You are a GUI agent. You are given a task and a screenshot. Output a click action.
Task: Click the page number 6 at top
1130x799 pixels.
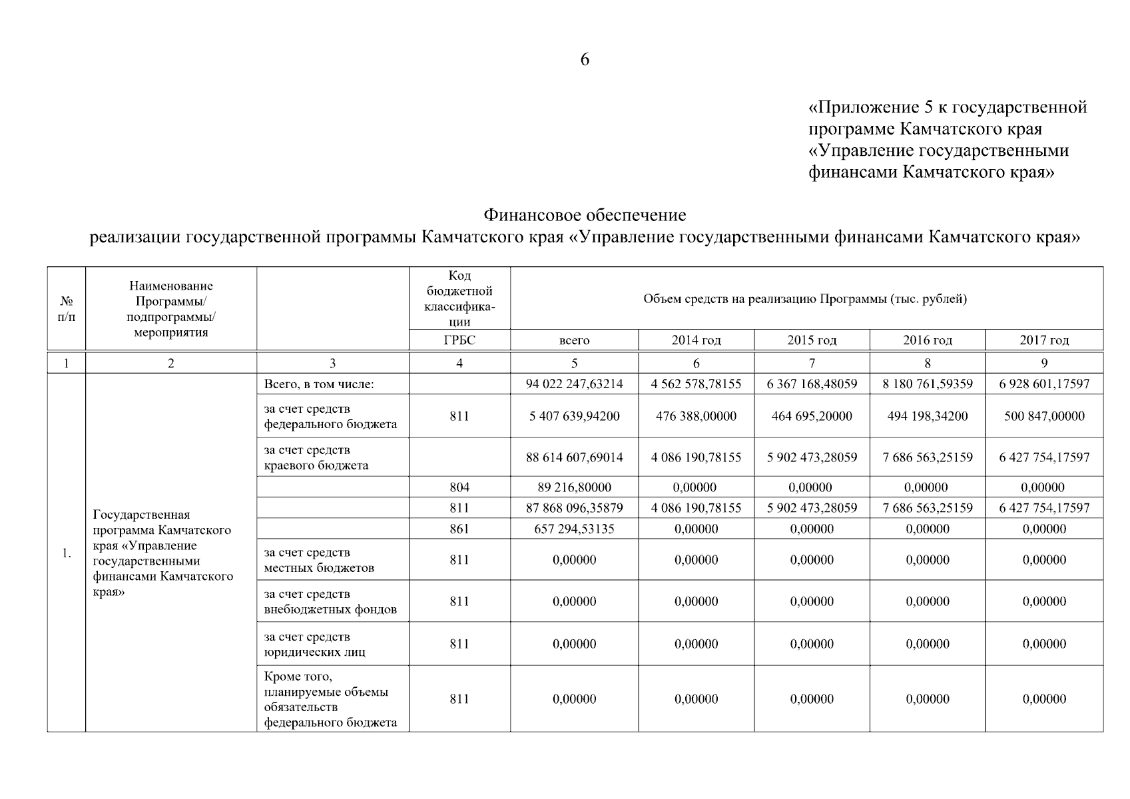584,60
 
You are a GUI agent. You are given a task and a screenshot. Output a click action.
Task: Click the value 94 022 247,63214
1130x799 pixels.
574,384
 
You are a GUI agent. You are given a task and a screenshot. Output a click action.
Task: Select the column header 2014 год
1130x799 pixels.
696,340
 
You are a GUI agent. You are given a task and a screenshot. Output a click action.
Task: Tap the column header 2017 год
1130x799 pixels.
1043,340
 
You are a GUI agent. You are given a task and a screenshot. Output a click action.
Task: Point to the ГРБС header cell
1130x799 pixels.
459,340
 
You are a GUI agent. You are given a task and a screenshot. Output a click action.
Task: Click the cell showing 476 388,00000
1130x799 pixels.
696,416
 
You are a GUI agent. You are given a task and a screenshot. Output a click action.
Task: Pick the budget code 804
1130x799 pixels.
459,487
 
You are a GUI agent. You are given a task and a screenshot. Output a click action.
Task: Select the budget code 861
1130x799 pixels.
459,529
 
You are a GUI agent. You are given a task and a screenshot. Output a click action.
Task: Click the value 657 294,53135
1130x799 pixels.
574,529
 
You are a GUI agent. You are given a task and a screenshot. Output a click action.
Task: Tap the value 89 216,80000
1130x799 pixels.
574,487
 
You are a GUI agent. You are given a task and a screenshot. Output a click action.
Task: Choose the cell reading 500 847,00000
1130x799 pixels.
1043,416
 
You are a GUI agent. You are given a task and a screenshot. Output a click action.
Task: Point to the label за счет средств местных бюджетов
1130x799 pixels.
319,560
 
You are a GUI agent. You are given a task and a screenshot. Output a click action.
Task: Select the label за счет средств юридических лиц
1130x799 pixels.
314,645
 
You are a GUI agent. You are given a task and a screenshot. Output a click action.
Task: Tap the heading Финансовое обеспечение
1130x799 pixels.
584,216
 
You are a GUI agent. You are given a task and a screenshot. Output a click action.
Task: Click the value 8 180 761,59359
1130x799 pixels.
927,384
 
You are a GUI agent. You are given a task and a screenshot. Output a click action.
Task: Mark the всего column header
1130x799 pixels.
574,340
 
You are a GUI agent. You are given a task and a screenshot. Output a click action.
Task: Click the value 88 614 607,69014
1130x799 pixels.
574,457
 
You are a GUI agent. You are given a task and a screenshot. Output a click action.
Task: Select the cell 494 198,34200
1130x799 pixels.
927,416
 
